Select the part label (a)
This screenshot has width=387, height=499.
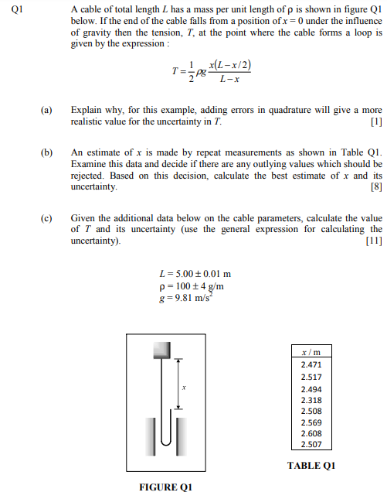47,111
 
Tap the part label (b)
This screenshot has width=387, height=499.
47,153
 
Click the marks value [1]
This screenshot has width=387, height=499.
375,122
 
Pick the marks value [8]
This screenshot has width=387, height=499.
375,186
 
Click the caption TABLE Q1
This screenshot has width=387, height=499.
311,465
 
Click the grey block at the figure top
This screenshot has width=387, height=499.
161,350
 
